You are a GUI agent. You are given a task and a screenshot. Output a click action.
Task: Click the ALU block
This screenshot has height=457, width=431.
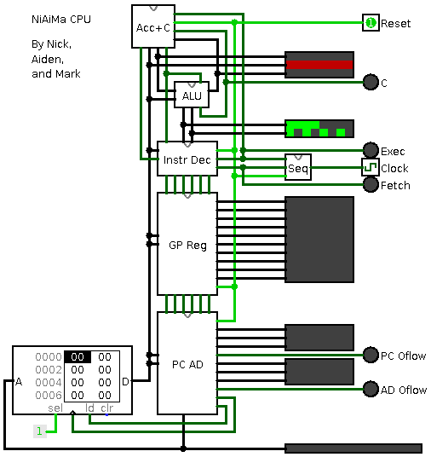[x=192, y=95]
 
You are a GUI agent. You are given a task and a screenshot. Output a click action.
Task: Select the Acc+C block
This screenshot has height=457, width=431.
[x=153, y=26]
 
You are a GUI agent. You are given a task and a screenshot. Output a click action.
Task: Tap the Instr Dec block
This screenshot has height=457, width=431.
[x=187, y=159]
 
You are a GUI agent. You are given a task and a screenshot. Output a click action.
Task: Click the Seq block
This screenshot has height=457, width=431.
[x=298, y=167]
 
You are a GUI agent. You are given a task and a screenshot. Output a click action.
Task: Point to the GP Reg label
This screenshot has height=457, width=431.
[x=187, y=246]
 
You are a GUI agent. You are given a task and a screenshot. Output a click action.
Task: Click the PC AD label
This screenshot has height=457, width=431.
[x=187, y=365]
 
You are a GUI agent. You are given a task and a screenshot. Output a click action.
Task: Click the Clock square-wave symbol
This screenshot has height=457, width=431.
[x=371, y=167]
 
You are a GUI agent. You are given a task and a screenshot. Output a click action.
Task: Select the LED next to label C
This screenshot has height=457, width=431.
[x=371, y=82]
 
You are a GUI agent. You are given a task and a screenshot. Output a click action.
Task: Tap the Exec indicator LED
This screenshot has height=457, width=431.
[x=371, y=150]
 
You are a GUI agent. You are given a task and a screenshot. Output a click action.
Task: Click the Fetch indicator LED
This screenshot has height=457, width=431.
[x=371, y=184]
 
